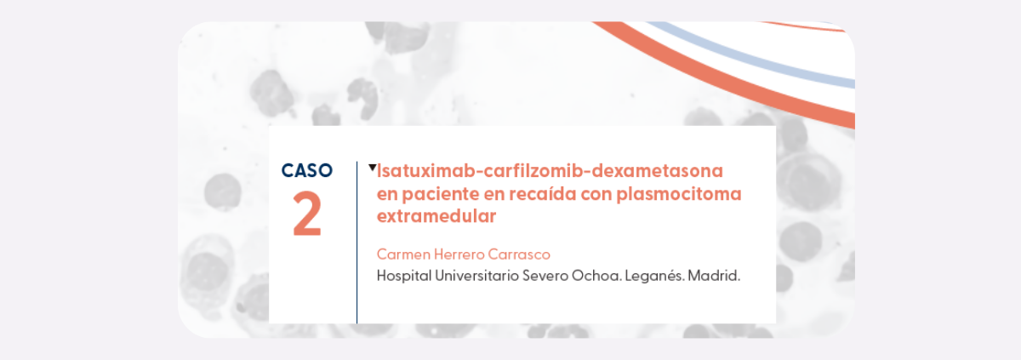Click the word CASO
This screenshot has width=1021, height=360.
pos(307,170)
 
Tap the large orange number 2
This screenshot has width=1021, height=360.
pos(307,214)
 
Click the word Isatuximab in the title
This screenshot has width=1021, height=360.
pos(426,171)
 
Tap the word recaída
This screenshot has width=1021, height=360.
pos(543,194)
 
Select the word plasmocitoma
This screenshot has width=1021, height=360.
pos(679,194)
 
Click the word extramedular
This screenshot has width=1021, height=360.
pos(436,216)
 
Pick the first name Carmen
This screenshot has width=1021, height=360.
pos(403,254)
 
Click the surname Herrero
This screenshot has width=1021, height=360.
pos(459,254)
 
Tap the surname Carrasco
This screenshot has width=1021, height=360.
pos(519,254)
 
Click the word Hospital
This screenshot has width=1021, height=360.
pos(404,276)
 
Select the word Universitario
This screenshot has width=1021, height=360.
pos(476,276)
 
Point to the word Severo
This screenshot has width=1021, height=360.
pos(545,276)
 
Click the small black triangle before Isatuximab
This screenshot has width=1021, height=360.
pos(373,168)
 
